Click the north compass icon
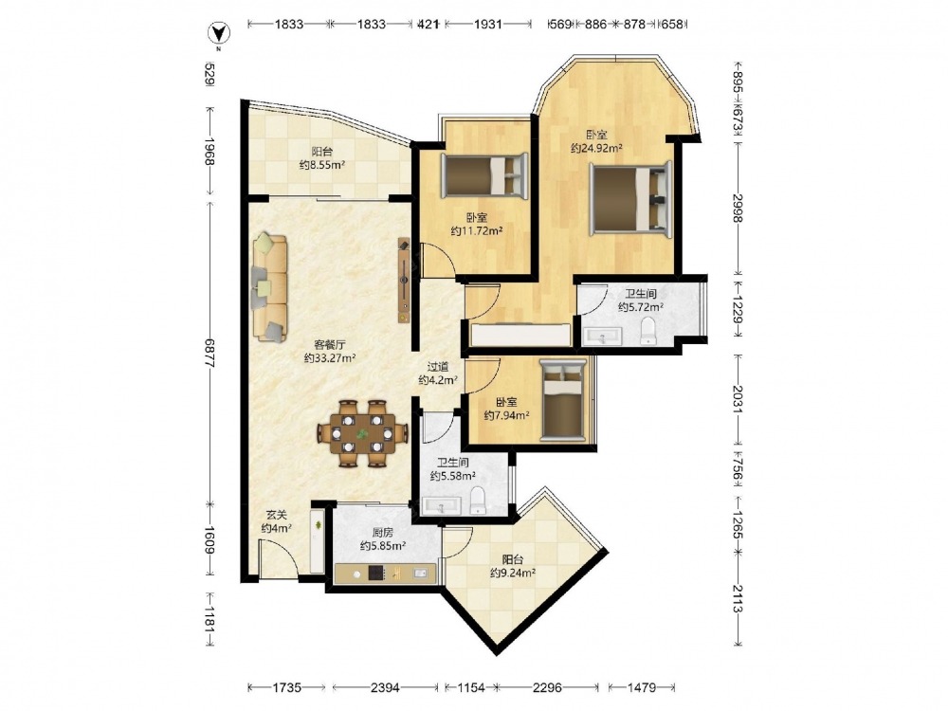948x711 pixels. click(x=218, y=34)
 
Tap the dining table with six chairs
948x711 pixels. click(x=362, y=433)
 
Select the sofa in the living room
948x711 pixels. click(x=269, y=287)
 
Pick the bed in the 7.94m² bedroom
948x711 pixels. click(x=563, y=399)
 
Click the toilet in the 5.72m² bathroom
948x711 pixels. click(x=647, y=331)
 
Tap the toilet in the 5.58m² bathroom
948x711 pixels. click(x=478, y=500)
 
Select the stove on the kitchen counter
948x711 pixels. click(x=376, y=573)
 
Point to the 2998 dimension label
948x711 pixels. click(x=737, y=208)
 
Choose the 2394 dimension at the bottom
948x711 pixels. click(x=385, y=687)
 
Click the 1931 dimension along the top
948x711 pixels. click(x=488, y=25)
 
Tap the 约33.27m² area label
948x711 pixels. click(x=330, y=358)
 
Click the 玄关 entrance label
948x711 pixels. click(x=276, y=515)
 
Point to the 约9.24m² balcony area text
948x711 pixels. click(x=513, y=573)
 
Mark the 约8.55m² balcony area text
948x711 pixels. click(x=322, y=164)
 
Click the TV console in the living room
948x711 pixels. click(x=404, y=280)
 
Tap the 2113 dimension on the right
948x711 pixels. click(x=737, y=598)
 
